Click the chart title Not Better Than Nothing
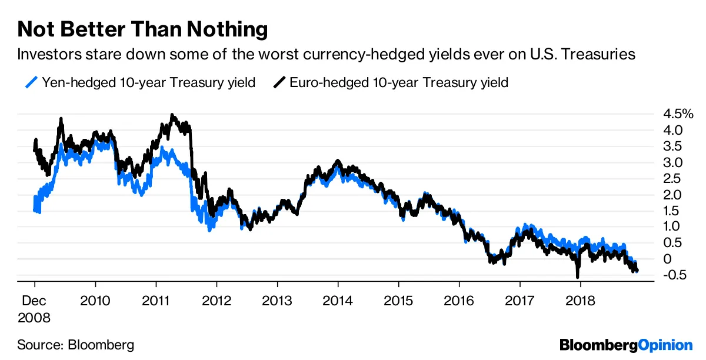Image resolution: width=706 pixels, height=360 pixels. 142,29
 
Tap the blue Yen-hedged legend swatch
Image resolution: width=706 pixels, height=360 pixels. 33,82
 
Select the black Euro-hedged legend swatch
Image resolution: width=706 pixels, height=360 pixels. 280,82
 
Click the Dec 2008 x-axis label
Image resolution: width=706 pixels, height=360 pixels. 34,309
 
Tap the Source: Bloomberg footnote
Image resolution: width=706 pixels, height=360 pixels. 75,344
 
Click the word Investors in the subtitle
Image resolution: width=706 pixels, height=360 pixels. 46,55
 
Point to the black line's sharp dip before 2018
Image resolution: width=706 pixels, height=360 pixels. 577,276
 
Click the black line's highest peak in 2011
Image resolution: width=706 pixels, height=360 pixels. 171,115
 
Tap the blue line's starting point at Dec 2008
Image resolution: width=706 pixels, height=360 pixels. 35,210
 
